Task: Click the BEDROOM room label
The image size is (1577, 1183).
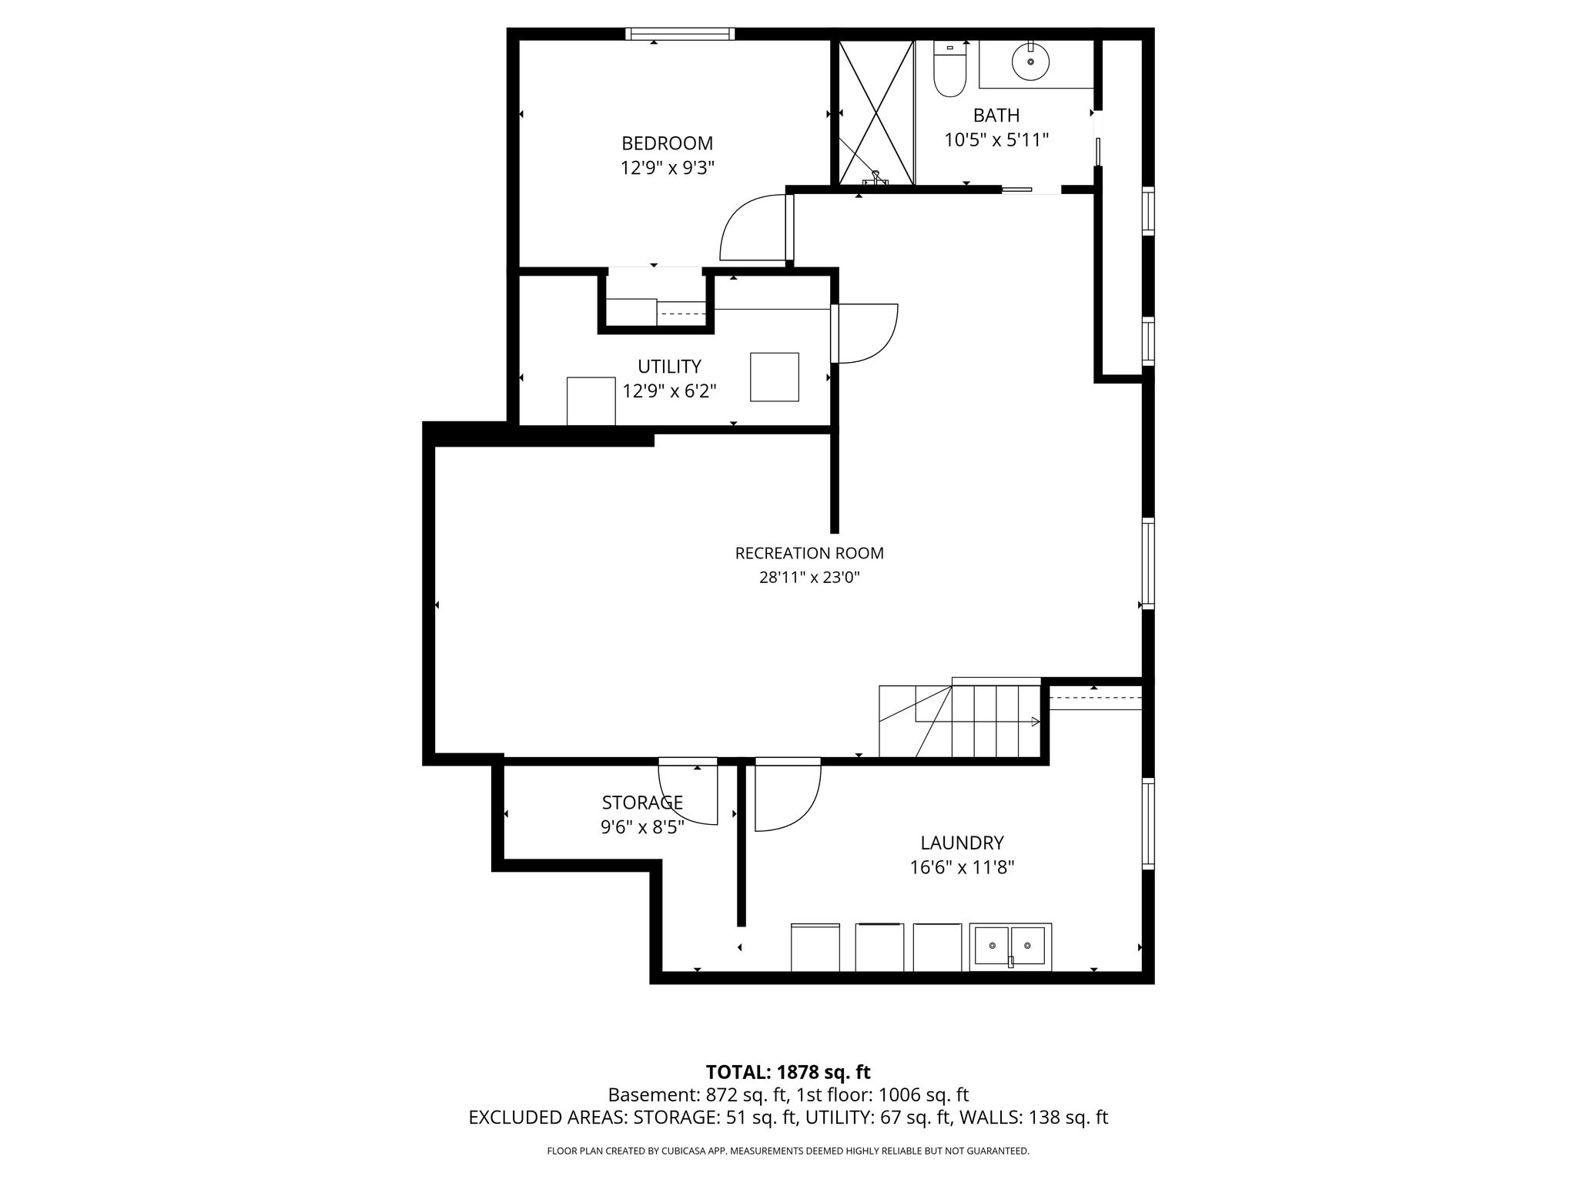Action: [x=667, y=143]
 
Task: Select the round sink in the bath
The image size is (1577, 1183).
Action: [x=1030, y=62]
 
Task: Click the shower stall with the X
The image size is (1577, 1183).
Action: [x=876, y=112]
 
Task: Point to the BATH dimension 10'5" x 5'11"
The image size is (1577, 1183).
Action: [x=996, y=140]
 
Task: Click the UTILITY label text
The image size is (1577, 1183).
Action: [x=669, y=366]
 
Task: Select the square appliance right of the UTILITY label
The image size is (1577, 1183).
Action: [x=775, y=377]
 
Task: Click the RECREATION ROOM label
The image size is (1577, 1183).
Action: [x=809, y=553]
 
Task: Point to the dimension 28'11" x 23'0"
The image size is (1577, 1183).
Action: [x=809, y=578]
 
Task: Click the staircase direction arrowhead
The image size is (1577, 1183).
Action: [x=1036, y=722]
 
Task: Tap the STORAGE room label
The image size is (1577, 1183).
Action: [x=642, y=803]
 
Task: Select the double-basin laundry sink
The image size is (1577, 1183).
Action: [x=1010, y=947]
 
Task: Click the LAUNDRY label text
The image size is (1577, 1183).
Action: [x=962, y=843]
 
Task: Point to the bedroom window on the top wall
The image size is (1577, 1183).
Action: [x=680, y=34]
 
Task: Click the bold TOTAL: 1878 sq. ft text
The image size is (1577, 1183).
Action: [x=788, y=1072]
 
